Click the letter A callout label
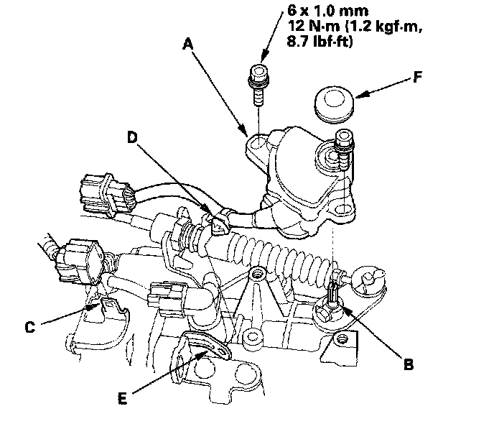coord(187,45)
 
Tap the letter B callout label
coord(408,364)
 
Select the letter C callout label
coord(29,328)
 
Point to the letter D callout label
coord(132,137)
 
